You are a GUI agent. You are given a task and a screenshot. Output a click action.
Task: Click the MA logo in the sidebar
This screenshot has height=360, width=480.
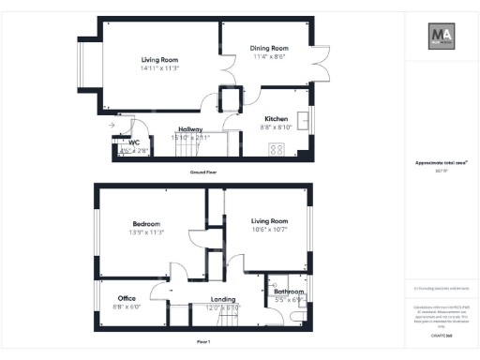(441, 38)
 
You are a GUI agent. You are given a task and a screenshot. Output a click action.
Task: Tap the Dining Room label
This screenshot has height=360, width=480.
(269, 48)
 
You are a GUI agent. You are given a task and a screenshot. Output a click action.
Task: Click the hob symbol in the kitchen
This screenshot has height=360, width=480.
(277, 148)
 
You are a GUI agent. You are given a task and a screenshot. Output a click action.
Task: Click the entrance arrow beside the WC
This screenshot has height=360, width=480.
(111, 125)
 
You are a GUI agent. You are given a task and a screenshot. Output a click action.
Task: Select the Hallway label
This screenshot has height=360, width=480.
(190, 130)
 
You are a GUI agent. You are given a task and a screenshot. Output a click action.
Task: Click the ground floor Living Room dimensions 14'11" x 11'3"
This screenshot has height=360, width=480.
(159, 68)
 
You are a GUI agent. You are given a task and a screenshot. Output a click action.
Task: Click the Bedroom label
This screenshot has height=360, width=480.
(147, 224)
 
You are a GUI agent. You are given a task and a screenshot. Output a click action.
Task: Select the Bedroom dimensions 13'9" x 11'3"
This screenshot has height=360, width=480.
(147, 232)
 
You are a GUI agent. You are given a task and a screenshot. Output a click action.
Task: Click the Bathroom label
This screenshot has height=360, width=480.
(289, 292)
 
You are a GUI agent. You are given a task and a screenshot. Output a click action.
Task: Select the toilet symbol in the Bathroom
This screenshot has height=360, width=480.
(297, 317)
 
